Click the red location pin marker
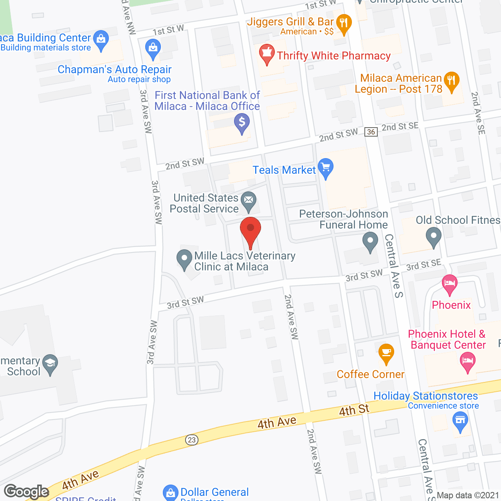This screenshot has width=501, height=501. (x=250, y=229)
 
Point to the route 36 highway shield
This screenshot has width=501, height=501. (x=371, y=132)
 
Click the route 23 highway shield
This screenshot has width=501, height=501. (x=191, y=440)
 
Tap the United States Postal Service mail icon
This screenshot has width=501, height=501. (x=248, y=200)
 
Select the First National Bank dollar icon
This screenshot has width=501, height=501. (x=242, y=123)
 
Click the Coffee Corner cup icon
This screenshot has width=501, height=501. (x=386, y=353)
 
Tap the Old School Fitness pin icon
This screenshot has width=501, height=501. (x=433, y=236)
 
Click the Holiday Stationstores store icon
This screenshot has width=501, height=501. (x=460, y=422)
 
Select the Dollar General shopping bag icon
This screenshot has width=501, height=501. (x=171, y=493)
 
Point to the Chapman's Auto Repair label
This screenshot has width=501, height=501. (x=115, y=69)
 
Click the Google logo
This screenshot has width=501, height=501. (x=27, y=492)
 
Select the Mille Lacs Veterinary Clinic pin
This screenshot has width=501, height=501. (x=184, y=259)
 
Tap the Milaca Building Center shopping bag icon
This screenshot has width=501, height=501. (x=101, y=39)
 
